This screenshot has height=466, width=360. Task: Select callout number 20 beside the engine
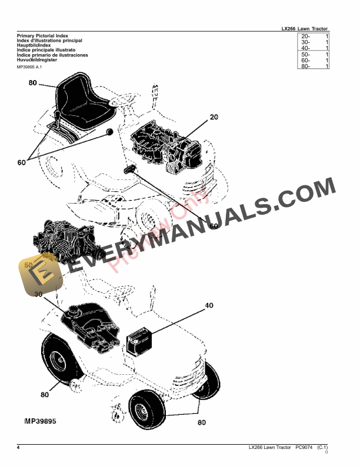point(213,118)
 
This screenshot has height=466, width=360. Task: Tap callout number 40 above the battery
point(209,306)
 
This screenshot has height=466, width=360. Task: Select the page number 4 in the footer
point(19,448)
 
